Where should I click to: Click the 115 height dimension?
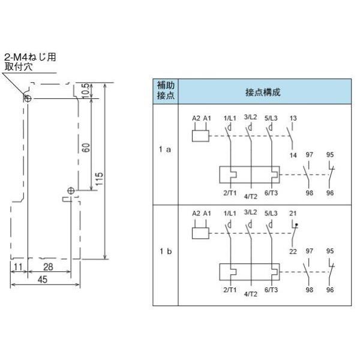[99, 179]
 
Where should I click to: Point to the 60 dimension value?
[86, 148]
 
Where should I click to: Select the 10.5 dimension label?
[85, 91]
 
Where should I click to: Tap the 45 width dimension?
[43, 280]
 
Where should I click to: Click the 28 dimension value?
[48, 267]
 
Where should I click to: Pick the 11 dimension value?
[18, 267]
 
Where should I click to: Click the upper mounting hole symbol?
[28, 99]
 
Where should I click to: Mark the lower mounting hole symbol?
[71, 191]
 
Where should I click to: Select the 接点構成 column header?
[263, 92]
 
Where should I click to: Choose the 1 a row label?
[165, 149]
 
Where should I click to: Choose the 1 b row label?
[166, 251]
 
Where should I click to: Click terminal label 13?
[293, 118]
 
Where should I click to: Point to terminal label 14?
[293, 155]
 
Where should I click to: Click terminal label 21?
[293, 213]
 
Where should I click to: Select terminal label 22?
[293, 251]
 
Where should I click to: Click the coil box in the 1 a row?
[200, 136]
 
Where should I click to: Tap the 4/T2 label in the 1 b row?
[250, 294]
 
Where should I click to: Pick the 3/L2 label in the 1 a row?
[250, 117]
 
